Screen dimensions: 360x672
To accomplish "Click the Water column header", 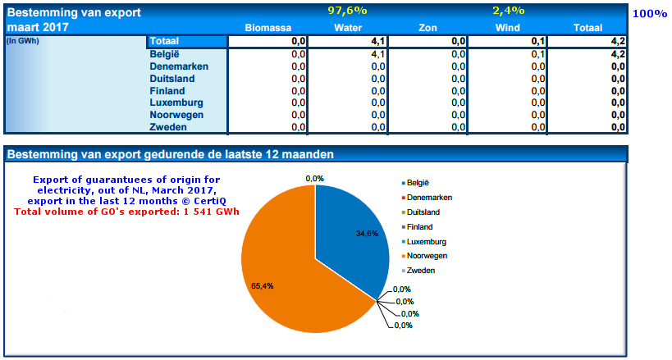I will (x=348, y=28).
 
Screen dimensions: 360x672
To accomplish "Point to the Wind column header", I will (x=510, y=28).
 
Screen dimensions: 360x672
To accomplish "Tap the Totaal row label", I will (x=164, y=41).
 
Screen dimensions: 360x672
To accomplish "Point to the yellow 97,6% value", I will (x=347, y=11).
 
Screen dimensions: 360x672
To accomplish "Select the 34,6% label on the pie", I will (x=345, y=235).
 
